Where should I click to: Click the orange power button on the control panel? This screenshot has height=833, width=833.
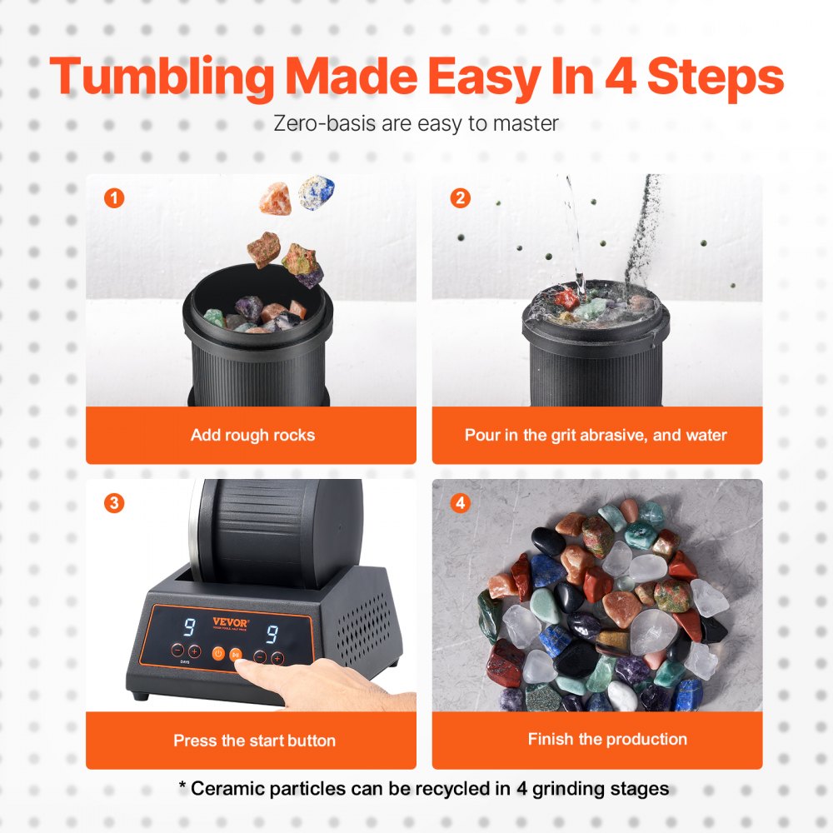click(218, 655)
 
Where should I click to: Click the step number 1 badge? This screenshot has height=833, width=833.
click(114, 198)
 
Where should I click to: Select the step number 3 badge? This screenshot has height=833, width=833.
click(114, 503)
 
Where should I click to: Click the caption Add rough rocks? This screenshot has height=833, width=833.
click(252, 435)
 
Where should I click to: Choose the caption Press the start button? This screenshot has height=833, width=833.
click(254, 740)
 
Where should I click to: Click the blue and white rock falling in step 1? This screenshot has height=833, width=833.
click(317, 192)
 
